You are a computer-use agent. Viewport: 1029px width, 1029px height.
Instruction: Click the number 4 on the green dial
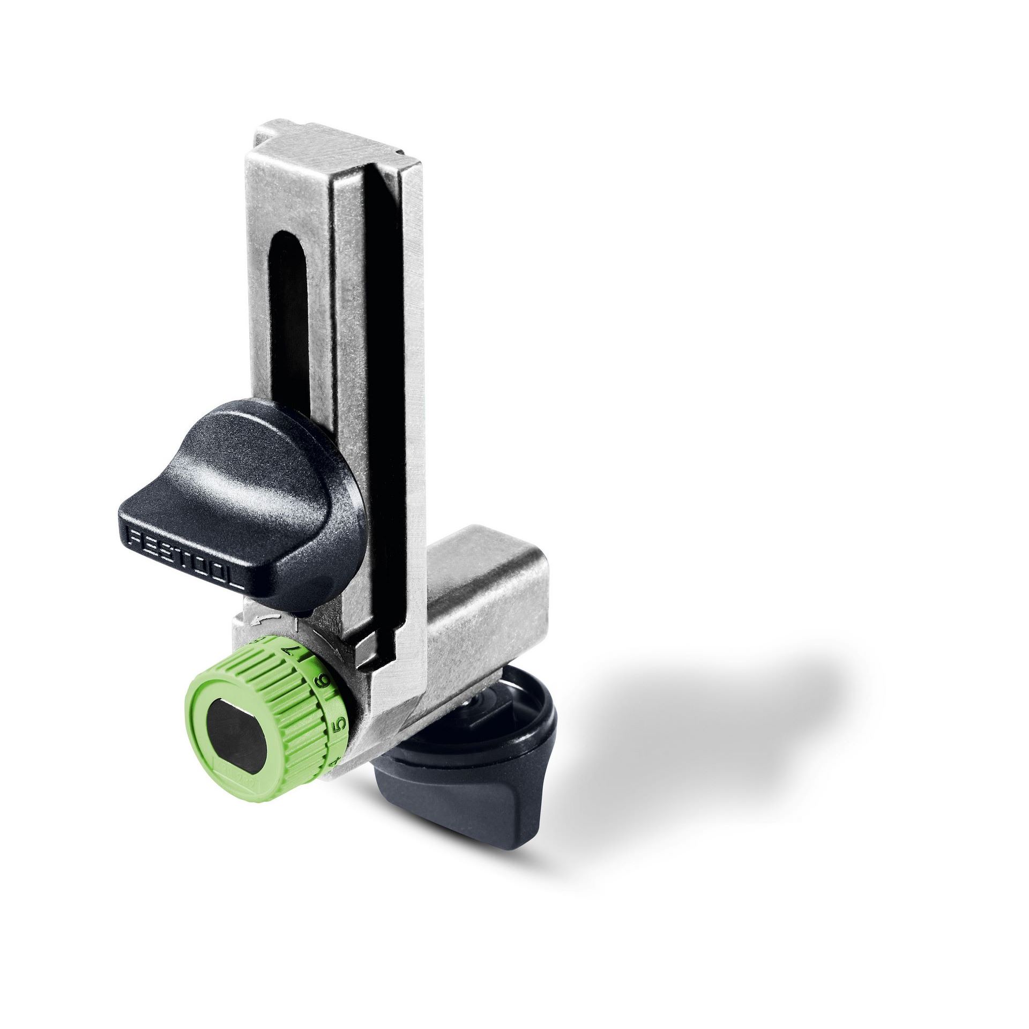[x=334, y=760]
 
